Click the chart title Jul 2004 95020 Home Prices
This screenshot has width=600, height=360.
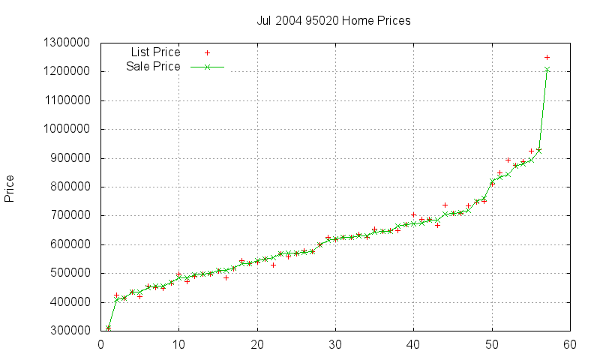point(334,20)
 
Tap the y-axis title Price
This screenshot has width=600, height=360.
point(10,188)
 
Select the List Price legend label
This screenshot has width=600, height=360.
point(155,52)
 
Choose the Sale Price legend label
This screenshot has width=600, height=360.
point(153,67)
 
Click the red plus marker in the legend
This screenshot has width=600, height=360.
point(207,53)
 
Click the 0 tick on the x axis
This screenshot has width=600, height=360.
point(101,345)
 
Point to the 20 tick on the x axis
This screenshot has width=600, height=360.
point(257,345)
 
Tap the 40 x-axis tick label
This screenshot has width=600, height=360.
point(413,345)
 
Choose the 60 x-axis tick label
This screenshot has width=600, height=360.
point(569,345)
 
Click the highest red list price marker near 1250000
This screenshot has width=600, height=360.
point(547,57)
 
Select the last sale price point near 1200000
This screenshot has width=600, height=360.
point(547,70)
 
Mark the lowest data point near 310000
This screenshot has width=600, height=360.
point(109,328)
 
